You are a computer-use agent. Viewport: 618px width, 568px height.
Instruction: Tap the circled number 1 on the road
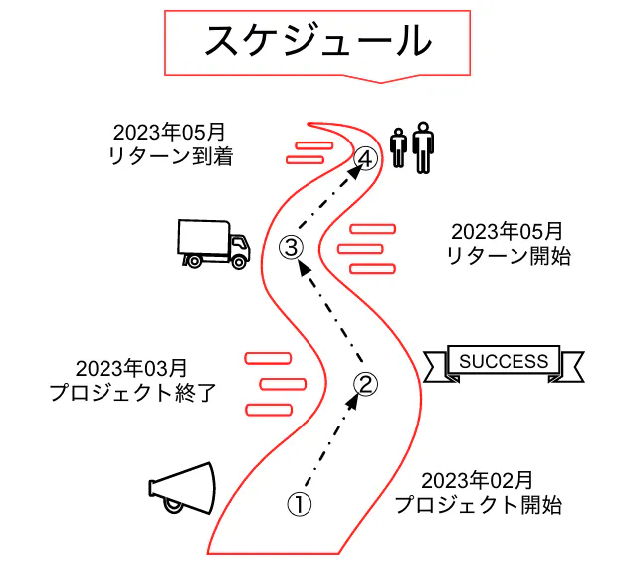click(x=300, y=504)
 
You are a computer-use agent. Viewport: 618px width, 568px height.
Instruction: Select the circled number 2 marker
click(x=366, y=383)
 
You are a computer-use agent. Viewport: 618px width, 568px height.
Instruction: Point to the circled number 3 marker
click(x=291, y=246)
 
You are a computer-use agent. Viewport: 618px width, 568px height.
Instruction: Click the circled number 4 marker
click(x=366, y=158)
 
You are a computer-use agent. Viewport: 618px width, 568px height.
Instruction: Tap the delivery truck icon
click(x=212, y=244)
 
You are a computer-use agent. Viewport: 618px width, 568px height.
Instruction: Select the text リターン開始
click(x=507, y=256)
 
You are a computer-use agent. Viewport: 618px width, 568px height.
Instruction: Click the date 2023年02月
click(x=477, y=480)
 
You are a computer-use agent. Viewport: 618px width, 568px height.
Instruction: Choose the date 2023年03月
click(x=130, y=368)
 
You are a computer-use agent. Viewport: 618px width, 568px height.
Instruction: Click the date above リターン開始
click(x=507, y=232)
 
